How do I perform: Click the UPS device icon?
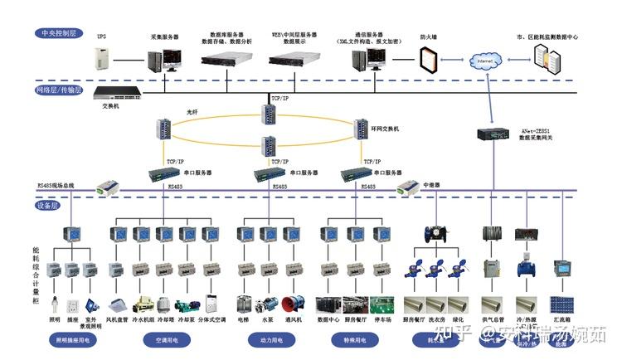click(102, 58)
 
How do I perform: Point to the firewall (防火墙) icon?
click(427, 61)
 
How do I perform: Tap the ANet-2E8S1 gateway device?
click(495, 134)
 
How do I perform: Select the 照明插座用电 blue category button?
click(73, 340)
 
